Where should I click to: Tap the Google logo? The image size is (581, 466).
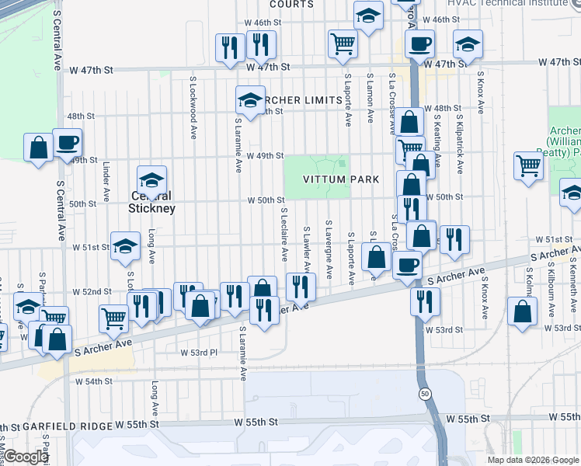26,457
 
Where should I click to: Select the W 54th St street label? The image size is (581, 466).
94,381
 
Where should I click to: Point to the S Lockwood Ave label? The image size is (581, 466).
193,107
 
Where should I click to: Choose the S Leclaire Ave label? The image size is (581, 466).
284,234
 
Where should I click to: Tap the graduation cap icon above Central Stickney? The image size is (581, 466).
152,181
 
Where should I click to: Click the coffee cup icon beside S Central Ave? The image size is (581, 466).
67,143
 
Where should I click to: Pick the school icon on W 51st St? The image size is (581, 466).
125,247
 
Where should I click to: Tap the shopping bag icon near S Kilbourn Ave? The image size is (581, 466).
523,311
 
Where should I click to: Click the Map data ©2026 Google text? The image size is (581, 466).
532,460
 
